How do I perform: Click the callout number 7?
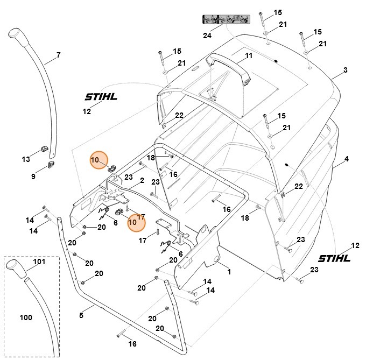58,55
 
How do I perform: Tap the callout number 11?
248,55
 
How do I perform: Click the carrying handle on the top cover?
228,64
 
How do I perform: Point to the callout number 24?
207,36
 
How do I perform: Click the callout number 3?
346,70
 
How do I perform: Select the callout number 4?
347,159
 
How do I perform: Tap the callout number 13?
26,159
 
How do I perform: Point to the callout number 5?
81,315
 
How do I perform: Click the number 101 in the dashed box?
39,263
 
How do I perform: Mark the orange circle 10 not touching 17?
98,160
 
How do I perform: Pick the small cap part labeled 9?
51,164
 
